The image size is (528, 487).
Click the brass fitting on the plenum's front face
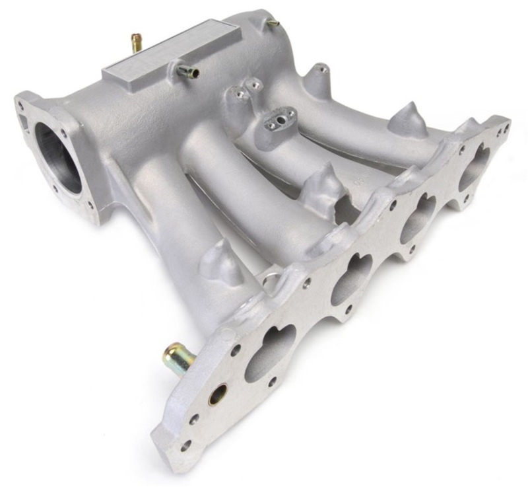[x=184, y=71]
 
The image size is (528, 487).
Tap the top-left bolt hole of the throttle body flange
[x=26, y=105]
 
